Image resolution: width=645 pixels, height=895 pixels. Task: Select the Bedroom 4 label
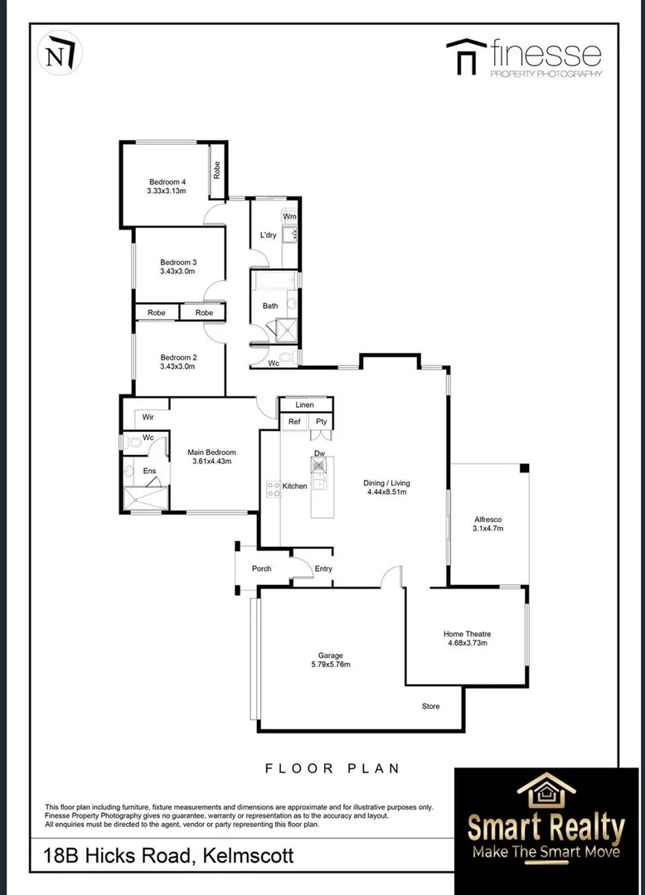(x=167, y=181)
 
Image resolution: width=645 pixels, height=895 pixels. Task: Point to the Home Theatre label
(x=467, y=634)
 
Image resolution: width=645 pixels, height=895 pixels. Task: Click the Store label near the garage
(x=431, y=706)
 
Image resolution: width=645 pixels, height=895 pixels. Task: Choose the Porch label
(x=261, y=568)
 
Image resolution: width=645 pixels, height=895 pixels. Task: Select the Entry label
(x=322, y=568)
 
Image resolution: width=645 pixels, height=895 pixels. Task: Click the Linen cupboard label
(x=305, y=404)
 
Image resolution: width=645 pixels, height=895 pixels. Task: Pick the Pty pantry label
(x=321, y=422)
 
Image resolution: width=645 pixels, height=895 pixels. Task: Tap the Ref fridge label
(x=294, y=422)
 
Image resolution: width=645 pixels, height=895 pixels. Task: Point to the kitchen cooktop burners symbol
(x=270, y=489)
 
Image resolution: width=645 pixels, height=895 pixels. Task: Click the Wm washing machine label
(x=289, y=217)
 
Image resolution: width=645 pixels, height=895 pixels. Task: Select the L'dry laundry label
(x=268, y=235)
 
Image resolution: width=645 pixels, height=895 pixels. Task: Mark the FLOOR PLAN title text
(x=332, y=768)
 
